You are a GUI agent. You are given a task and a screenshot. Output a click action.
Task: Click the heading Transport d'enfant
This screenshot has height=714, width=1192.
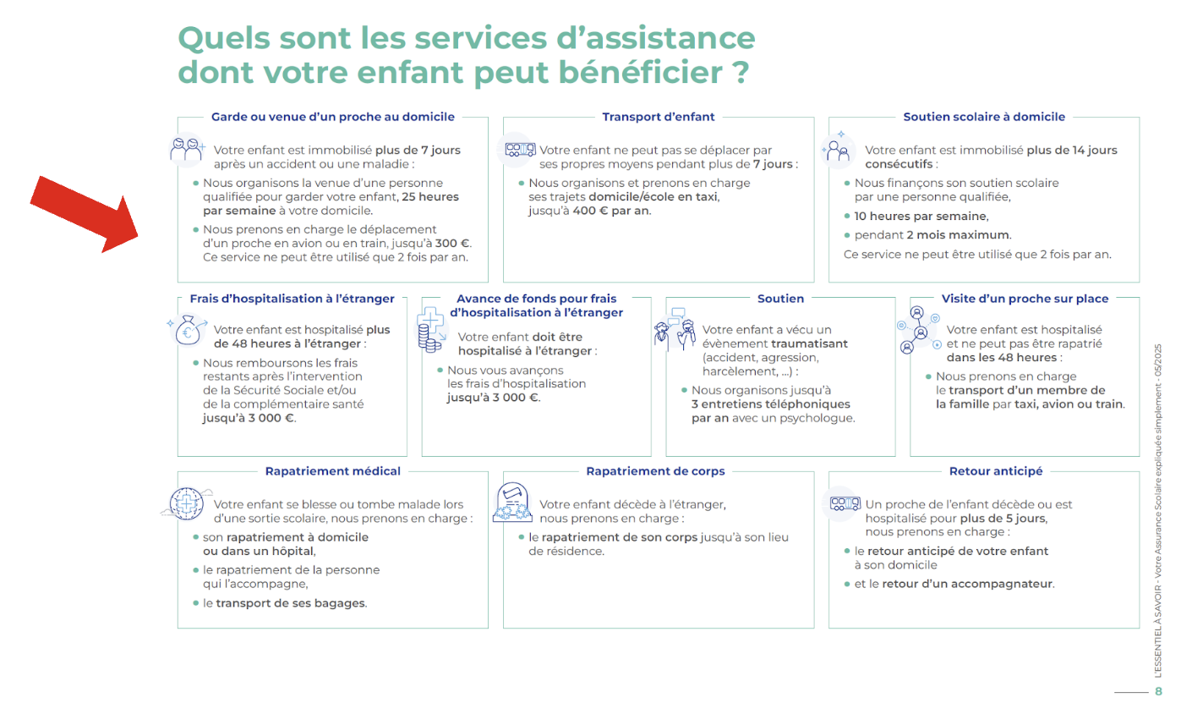[658, 117]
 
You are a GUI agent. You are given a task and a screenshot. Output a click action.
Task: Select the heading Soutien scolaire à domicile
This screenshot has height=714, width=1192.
[984, 117]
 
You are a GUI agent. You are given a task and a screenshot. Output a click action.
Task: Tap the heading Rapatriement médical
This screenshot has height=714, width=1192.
[333, 471]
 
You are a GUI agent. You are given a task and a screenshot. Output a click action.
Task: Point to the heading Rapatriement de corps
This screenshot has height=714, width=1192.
[655, 471]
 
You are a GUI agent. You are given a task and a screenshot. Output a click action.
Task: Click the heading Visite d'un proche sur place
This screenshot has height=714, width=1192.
[1025, 299]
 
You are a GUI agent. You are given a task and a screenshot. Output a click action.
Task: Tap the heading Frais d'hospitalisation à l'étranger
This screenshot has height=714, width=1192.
[292, 299]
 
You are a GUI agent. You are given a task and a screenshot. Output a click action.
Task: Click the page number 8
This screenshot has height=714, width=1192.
[1158, 691]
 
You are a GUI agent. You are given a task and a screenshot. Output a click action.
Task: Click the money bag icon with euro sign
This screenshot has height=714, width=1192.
[188, 331]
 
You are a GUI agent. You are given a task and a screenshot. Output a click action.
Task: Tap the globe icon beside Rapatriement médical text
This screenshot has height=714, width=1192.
[185, 503]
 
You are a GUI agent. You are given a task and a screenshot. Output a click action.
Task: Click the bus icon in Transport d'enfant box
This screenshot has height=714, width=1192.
[520, 150]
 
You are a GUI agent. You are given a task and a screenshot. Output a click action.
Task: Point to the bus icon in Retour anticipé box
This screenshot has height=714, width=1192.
[845, 503]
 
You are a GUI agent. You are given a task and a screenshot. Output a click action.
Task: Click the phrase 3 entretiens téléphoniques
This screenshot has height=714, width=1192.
[771, 404]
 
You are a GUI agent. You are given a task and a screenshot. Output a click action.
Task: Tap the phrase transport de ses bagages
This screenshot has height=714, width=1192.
[291, 603]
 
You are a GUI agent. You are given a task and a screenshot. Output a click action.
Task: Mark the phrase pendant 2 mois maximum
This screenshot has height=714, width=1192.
[932, 235]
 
